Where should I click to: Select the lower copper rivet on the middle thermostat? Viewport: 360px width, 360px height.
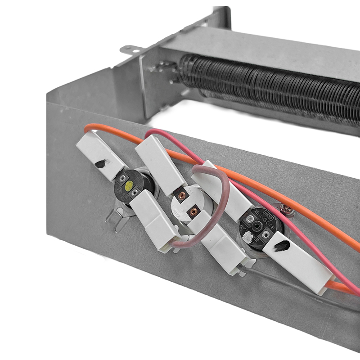pos(193,211)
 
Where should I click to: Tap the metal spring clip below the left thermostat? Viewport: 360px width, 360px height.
pos(115,220)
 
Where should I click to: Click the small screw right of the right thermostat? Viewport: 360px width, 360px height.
pos(285,208)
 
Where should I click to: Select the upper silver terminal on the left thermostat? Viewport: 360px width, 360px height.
pos(122,179)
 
